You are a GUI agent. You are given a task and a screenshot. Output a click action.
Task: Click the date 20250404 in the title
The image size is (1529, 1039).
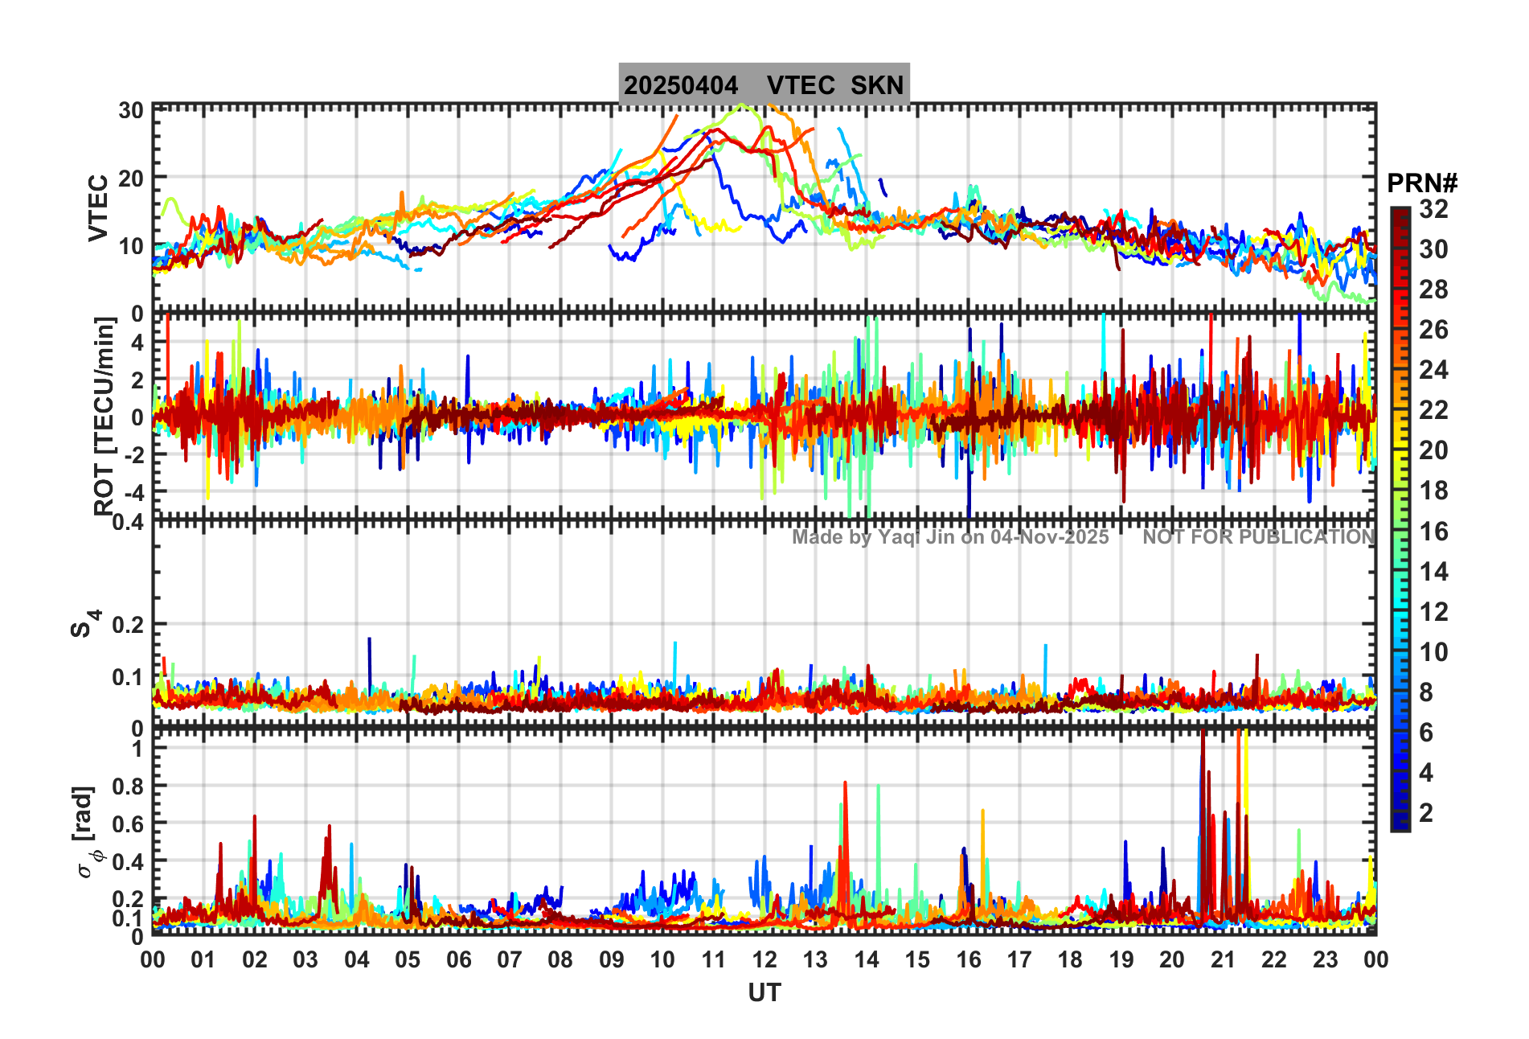click(x=681, y=85)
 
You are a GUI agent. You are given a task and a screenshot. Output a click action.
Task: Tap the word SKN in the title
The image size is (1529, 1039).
click(x=877, y=85)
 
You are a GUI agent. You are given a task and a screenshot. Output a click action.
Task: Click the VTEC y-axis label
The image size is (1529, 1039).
click(x=98, y=207)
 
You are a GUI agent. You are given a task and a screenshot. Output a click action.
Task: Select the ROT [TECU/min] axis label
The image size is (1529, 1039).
click(x=104, y=416)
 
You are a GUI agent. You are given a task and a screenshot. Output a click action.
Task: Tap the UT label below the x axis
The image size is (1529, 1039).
click(x=764, y=993)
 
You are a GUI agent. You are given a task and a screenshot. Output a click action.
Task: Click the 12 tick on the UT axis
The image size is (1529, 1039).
click(x=764, y=960)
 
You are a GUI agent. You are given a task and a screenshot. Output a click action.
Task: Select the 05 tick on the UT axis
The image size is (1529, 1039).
click(x=408, y=960)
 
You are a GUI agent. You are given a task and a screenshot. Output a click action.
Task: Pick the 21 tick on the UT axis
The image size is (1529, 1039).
click(x=1223, y=960)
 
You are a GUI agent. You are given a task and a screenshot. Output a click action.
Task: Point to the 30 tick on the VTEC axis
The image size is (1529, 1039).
click(x=131, y=111)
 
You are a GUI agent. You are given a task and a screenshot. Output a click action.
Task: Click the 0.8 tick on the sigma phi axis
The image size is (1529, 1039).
click(x=127, y=786)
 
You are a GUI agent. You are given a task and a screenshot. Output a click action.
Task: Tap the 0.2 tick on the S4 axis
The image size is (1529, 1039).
click(x=127, y=625)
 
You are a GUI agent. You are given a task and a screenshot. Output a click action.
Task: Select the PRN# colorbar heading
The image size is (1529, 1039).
click(x=1422, y=183)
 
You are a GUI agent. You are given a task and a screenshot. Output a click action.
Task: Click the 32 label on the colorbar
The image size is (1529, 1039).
click(x=1433, y=209)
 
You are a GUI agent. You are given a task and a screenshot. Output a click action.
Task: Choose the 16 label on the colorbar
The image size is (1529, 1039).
click(x=1433, y=532)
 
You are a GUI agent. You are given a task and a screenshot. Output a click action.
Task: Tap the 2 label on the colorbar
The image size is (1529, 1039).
click(x=1426, y=813)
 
